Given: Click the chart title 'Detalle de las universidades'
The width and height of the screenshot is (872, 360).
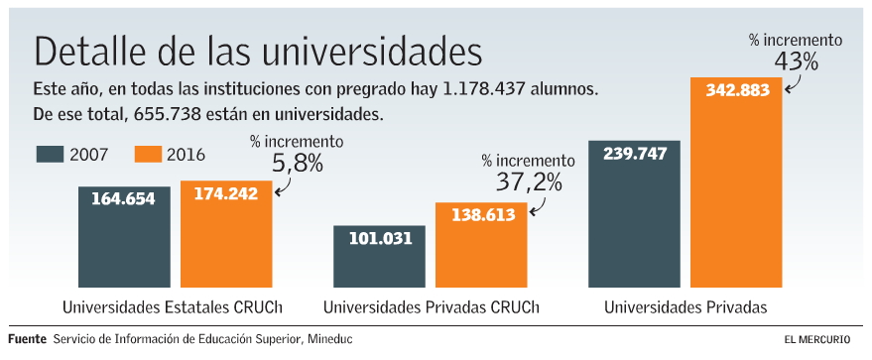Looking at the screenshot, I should click(x=258, y=50).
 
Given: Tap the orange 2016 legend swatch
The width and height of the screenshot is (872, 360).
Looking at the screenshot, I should click(x=148, y=154).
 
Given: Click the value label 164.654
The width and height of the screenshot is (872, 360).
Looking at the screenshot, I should click(x=124, y=198).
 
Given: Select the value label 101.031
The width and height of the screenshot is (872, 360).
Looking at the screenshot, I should click(x=380, y=237).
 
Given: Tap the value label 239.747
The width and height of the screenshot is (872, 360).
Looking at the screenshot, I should click(x=634, y=153).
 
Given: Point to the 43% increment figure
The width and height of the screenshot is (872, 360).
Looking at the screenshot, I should click(x=796, y=61).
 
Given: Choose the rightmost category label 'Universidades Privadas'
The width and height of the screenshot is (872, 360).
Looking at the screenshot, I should click(x=685, y=306).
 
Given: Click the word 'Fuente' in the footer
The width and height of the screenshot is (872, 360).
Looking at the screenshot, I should click(x=27, y=339).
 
